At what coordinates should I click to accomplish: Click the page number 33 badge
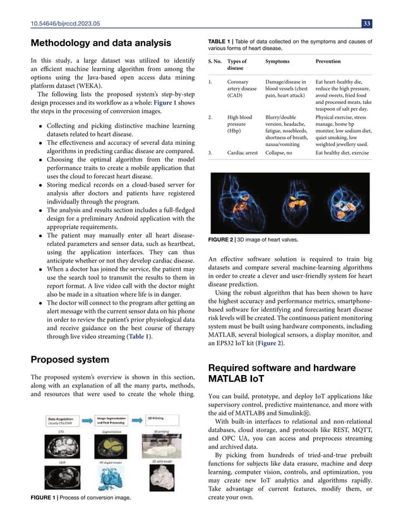click(x=366, y=24)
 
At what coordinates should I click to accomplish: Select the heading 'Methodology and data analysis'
click(x=101, y=43)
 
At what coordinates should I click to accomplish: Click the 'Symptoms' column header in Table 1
click(x=278, y=61)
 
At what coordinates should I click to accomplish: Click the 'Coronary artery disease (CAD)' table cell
click(x=242, y=89)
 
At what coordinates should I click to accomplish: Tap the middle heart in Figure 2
click(x=288, y=196)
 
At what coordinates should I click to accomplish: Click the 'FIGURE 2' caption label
click(x=221, y=240)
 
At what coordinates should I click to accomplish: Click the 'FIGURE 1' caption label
click(x=45, y=498)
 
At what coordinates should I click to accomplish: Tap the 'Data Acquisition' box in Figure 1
click(x=63, y=420)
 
